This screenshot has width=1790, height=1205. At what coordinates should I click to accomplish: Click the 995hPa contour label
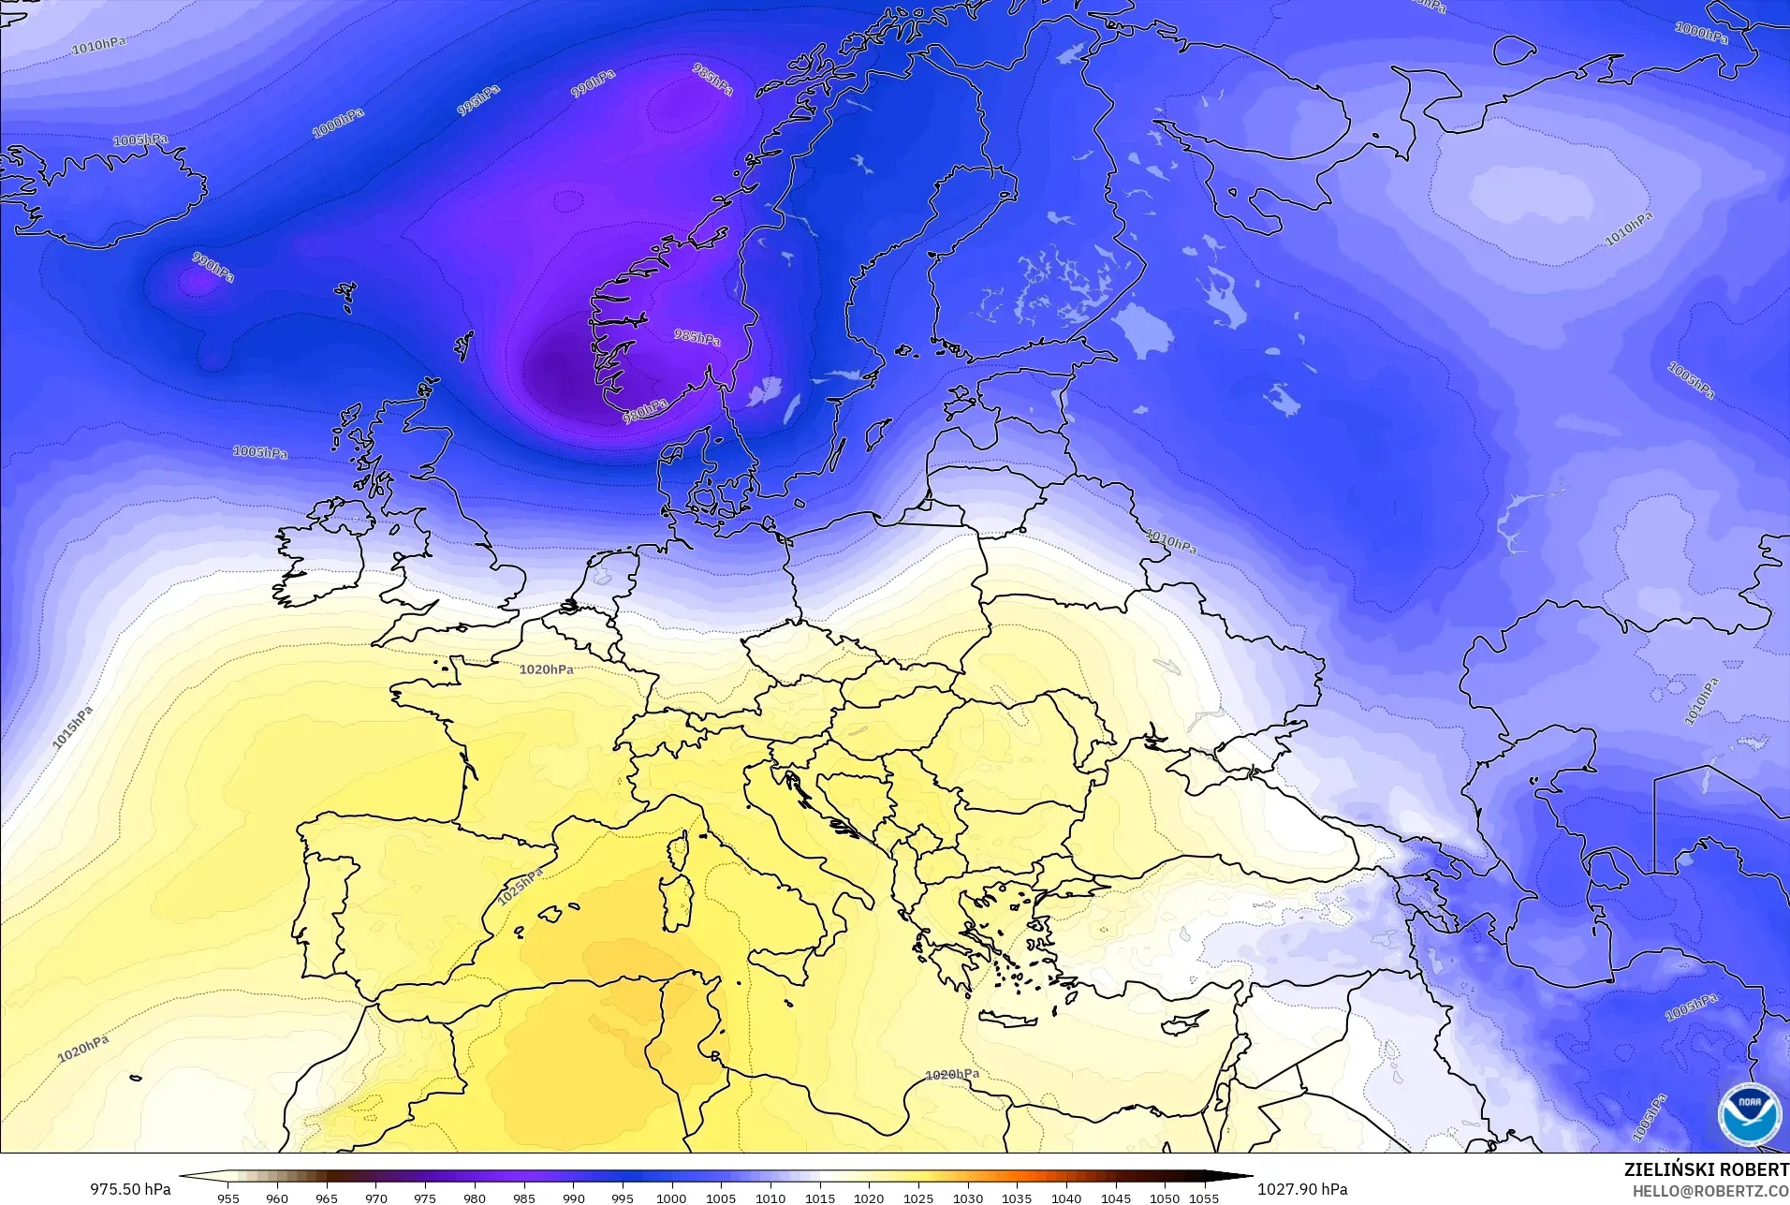(x=478, y=100)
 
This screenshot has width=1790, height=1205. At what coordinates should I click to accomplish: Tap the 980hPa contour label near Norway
(x=645, y=410)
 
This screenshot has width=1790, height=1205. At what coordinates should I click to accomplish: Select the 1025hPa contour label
(x=520, y=886)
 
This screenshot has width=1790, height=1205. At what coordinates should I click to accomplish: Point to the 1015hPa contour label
(x=72, y=727)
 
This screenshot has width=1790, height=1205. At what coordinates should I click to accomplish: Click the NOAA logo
(x=1749, y=1113)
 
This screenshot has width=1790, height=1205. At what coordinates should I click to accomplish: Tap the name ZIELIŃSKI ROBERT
(x=1706, y=1169)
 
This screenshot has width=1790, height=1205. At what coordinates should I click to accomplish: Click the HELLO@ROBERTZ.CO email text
(x=1710, y=1191)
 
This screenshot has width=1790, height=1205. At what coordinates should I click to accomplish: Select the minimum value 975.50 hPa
(x=130, y=1189)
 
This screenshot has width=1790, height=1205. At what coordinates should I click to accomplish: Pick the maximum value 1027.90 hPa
(x=1302, y=1189)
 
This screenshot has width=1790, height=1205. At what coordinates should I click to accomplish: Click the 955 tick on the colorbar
(x=228, y=1198)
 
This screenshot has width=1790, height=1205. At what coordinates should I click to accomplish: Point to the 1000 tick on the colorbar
(x=671, y=1198)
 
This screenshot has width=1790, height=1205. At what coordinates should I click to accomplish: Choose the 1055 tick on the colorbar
(x=1204, y=1198)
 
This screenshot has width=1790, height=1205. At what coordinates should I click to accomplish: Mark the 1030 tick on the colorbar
(x=967, y=1198)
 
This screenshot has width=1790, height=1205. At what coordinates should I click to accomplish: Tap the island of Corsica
(x=678, y=849)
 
